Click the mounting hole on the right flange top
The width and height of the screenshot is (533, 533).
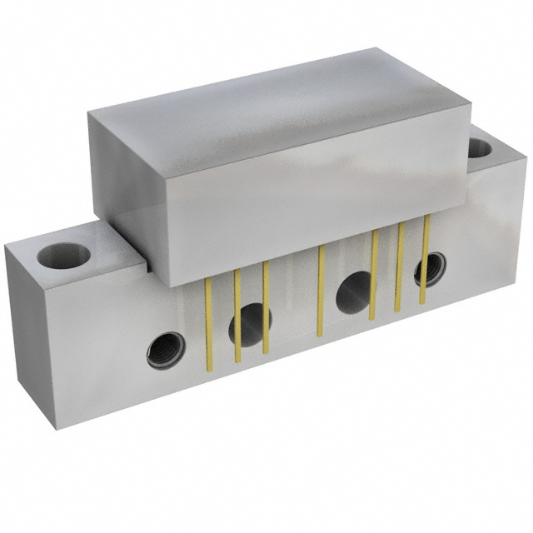481,149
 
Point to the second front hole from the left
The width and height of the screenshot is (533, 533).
250,319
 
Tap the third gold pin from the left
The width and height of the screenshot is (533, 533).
266,307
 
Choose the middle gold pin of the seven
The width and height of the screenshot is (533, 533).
320,291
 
